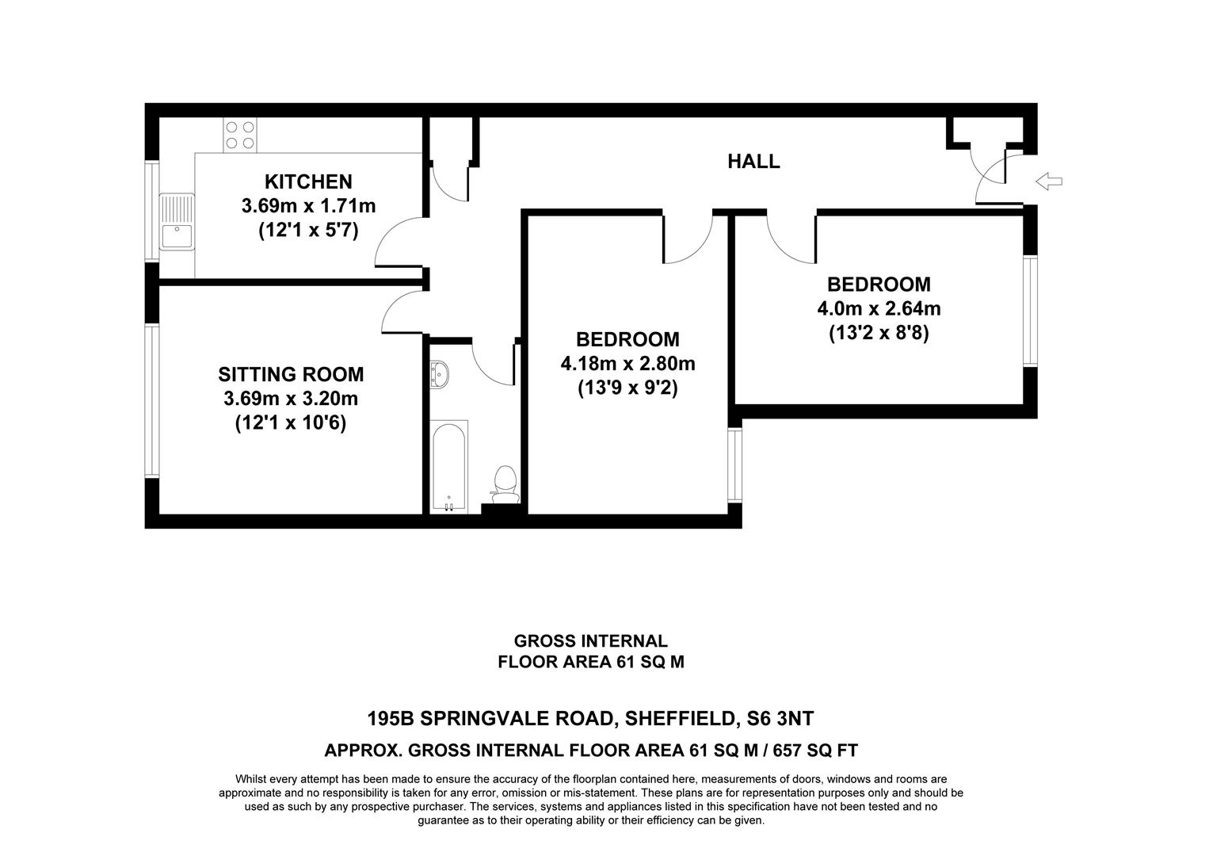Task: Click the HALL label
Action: [x=753, y=162]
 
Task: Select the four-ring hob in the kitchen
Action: [x=239, y=135]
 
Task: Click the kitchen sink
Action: [x=176, y=222]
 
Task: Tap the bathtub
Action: [x=448, y=468]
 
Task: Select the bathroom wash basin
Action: [x=439, y=373]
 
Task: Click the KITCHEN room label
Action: [x=308, y=182]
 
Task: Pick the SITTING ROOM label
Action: [x=291, y=374]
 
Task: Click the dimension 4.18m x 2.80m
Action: [x=627, y=365]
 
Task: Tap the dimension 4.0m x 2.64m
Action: [x=879, y=308]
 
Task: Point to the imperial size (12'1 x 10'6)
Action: [x=291, y=424]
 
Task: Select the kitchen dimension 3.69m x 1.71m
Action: [x=308, y=206]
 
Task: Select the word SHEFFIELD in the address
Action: [x=677, y=719]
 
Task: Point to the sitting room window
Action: [x=151, y=401]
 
